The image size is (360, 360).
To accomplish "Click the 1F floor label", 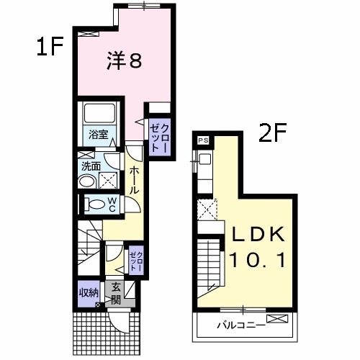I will click(51, 48).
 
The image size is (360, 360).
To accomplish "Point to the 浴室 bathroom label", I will click(98, 135).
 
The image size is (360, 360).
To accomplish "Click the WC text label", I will click(112, 204).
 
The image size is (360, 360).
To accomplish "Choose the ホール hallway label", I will click(135, 179).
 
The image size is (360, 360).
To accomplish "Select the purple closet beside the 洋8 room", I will click(158, 131).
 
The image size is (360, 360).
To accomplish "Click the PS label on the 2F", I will click(203, 141).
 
